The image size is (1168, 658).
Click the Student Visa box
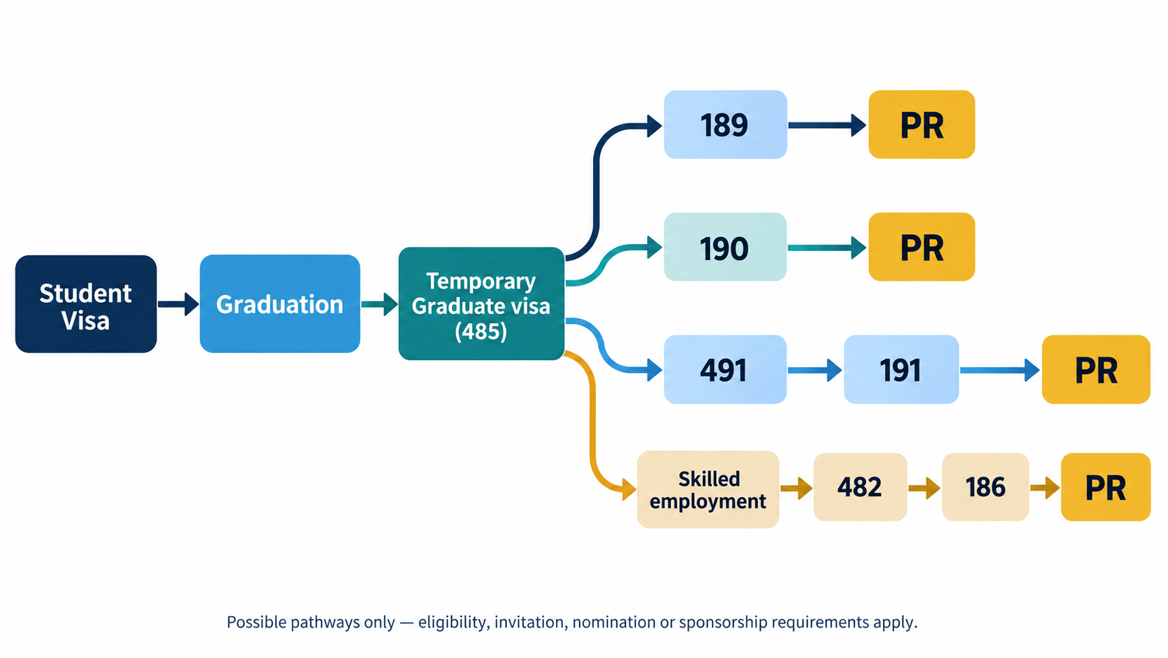86,303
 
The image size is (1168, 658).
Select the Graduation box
280,303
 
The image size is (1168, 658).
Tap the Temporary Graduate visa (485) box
481,303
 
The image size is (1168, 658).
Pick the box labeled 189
725,124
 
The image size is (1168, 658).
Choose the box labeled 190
725,247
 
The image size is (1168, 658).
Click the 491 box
725,369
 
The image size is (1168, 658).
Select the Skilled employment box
708,489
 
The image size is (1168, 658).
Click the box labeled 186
986,487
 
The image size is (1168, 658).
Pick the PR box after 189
922,124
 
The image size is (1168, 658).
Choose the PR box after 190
922,247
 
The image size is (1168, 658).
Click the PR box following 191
1096,369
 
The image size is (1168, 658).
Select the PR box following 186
1106,487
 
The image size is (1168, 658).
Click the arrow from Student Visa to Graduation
178,304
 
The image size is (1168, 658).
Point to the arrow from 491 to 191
815,371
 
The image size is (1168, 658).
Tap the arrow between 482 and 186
924,488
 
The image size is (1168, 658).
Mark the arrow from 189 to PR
828,125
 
